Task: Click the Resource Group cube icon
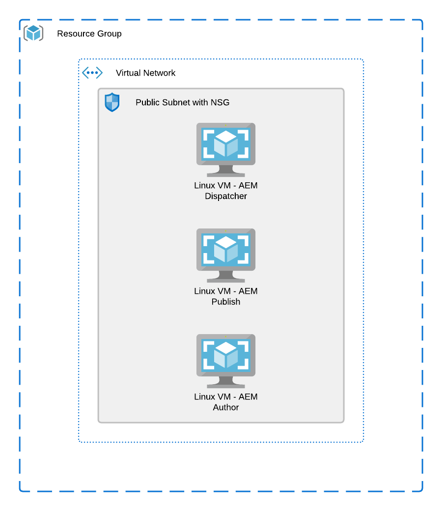[x=33, y=33]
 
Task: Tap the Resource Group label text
[x=89, y=34]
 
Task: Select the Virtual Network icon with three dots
[x=92, y=73]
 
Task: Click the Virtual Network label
[x=145, y=73]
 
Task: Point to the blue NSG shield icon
[x=112, y=102]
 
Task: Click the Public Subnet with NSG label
[x=182, y=103]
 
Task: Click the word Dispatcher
[x=226, y=197]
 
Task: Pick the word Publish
[x=226, y=302]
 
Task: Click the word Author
[x=226, y=407]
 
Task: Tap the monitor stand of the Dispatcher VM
[x=226, y=171]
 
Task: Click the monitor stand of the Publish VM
[x=226, y=277]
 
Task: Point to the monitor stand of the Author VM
[x=226, y=382]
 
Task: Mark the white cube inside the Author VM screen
[x=226, y=354]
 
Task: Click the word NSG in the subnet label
[x=221, y=103]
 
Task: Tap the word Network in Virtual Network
[x=159, y=73]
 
